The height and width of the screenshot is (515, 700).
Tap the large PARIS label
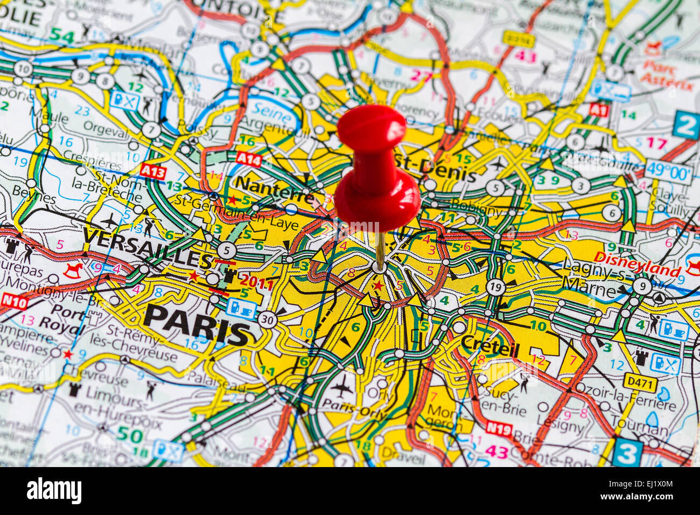198,324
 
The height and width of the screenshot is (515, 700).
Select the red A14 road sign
248,159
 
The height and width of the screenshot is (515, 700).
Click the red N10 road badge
15,302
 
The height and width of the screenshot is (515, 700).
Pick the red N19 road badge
499,428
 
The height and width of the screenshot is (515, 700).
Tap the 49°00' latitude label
668,172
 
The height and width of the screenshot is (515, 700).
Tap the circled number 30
268,319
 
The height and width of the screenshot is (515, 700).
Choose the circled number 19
495,287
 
